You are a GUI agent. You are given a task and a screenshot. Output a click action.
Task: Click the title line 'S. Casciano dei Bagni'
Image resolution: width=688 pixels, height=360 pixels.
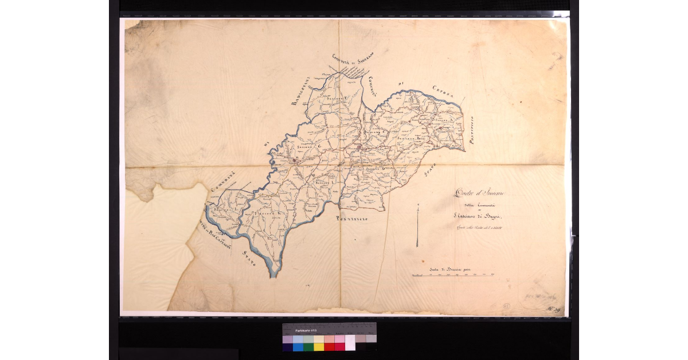(476, 216)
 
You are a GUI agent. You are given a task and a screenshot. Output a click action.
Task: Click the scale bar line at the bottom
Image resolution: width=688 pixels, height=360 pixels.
(453, 276)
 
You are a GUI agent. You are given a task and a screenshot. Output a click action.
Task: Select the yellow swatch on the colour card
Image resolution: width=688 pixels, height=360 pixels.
(319, 347)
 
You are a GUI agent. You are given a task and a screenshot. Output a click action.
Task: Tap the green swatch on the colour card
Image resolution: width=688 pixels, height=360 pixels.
(308, 347)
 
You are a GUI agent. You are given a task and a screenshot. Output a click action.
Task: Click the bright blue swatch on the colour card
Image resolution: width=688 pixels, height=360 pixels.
(298, 347)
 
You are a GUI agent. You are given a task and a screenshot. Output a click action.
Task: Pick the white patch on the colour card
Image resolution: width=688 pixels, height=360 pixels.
(350, 342)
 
